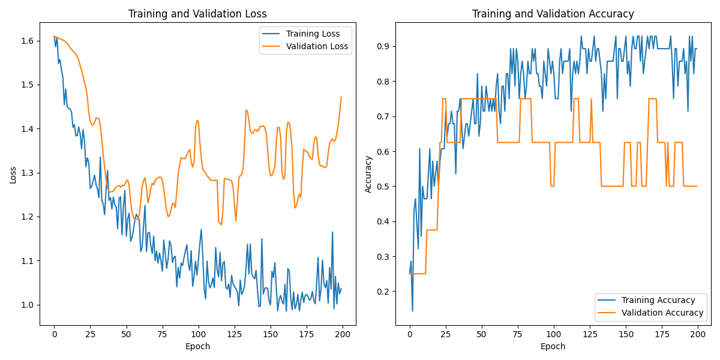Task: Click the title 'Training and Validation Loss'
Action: [197, 14]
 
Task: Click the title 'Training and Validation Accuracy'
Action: [553, 14]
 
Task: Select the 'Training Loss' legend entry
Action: [313, 34]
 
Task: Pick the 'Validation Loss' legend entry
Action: [317, 46]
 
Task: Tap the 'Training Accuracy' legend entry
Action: [658, 300]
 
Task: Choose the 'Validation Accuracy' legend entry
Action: [662, 313]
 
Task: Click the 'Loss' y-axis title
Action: [13, 174]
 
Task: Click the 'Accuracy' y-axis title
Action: [368, 174]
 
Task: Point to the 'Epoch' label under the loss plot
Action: [197, 346]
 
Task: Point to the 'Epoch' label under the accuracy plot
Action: [553, 346]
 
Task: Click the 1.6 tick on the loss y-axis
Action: [28, 41]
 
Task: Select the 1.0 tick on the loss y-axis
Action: [28, 305]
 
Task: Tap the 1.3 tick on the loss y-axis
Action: [28, 173]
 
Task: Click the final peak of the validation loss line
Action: [341, 97]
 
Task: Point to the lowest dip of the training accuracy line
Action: [412, 311]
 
